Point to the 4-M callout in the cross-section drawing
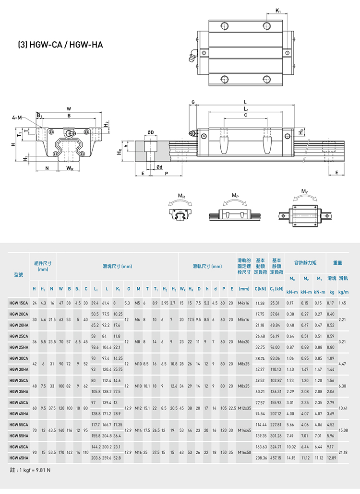(17, 118)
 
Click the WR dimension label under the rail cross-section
(70, 168)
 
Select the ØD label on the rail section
(150, 132)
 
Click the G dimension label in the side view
(193, 102)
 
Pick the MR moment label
(180, 196)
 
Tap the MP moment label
(235, 196)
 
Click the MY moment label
(305, 191)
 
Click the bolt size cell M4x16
(244, 303)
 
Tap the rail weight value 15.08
(342, 430)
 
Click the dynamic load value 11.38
(261, 303)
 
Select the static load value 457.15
(276, 458)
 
